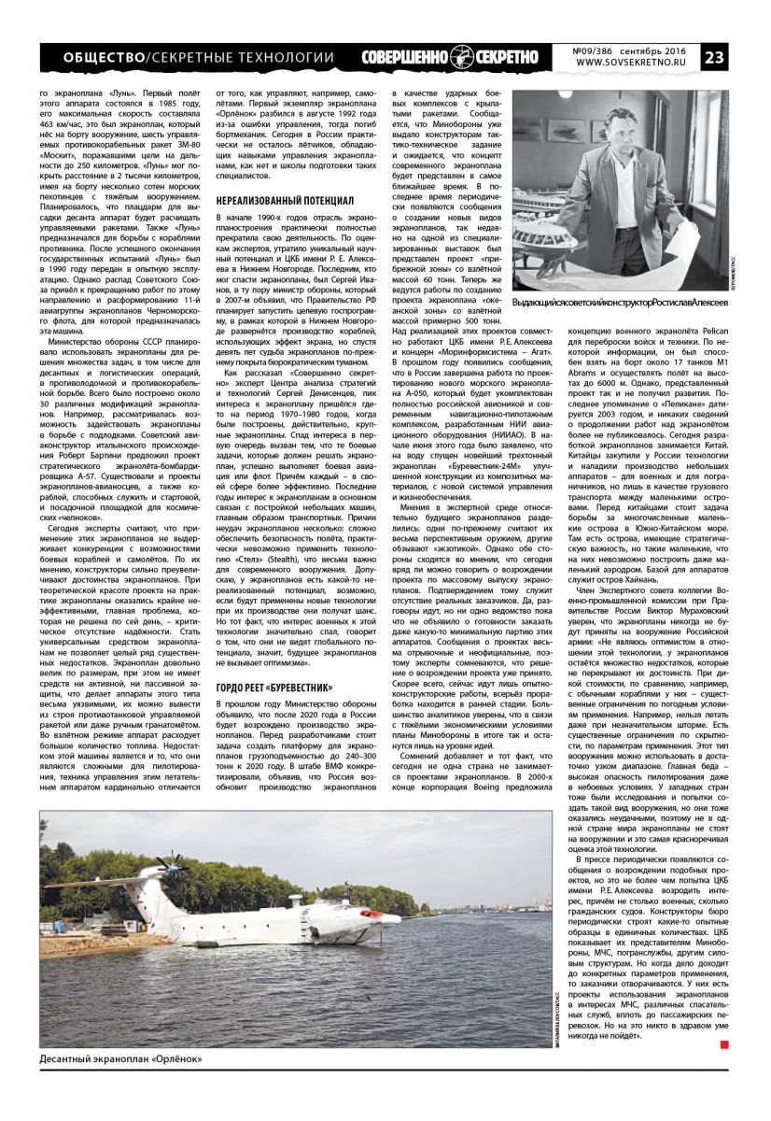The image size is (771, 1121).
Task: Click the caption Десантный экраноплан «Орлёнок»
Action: [x=121, y=1058]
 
